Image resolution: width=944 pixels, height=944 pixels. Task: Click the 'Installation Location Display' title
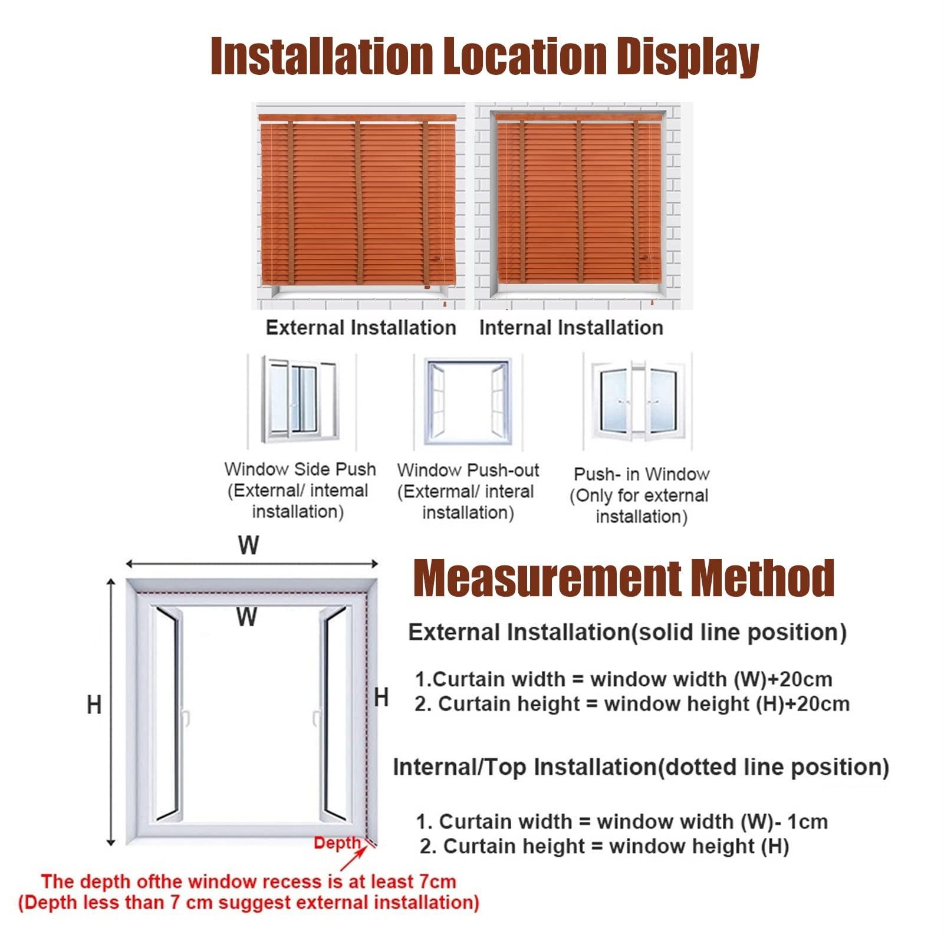coord(485,57)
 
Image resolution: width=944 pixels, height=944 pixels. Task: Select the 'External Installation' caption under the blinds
coord(361,328)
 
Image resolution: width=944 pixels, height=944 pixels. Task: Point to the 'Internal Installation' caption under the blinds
coord(571,328)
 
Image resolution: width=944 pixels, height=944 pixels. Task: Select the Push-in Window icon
coord(637,401)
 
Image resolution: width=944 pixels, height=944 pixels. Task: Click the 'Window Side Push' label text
coord(300,469)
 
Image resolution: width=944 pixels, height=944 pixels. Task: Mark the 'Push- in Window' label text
coord(642,474)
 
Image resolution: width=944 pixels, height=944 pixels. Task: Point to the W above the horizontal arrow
coord(249,545)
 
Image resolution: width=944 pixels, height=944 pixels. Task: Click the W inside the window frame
coord(247,617)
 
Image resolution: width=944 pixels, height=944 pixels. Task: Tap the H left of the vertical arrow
coord(94,705)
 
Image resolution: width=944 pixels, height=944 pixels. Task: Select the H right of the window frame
coord(381,698)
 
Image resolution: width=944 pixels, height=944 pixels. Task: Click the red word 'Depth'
coord(337,843)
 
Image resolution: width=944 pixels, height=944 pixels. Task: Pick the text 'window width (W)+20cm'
coord(711,679)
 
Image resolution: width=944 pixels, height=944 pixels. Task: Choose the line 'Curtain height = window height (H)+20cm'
coord(632,704)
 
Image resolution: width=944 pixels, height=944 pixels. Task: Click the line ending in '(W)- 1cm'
coord(622,821)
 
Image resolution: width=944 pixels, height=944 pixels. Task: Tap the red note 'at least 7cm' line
coord(248,881)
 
